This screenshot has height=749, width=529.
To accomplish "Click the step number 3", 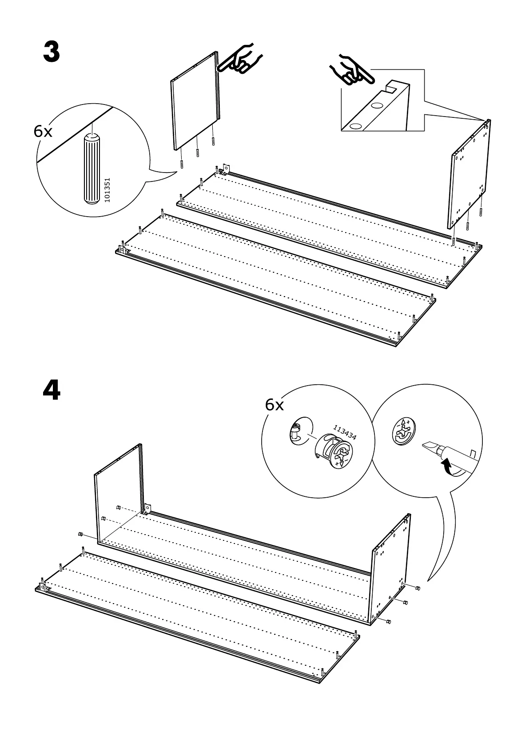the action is (52, 52).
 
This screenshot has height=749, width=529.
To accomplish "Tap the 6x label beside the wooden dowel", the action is (43, 131).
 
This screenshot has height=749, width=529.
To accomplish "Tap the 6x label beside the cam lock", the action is (274, 405).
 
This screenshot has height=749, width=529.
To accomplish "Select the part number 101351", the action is (107, 191).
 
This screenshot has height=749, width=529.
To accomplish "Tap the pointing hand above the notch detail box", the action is (351, 71).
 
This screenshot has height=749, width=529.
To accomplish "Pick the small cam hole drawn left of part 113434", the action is (296, 430).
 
